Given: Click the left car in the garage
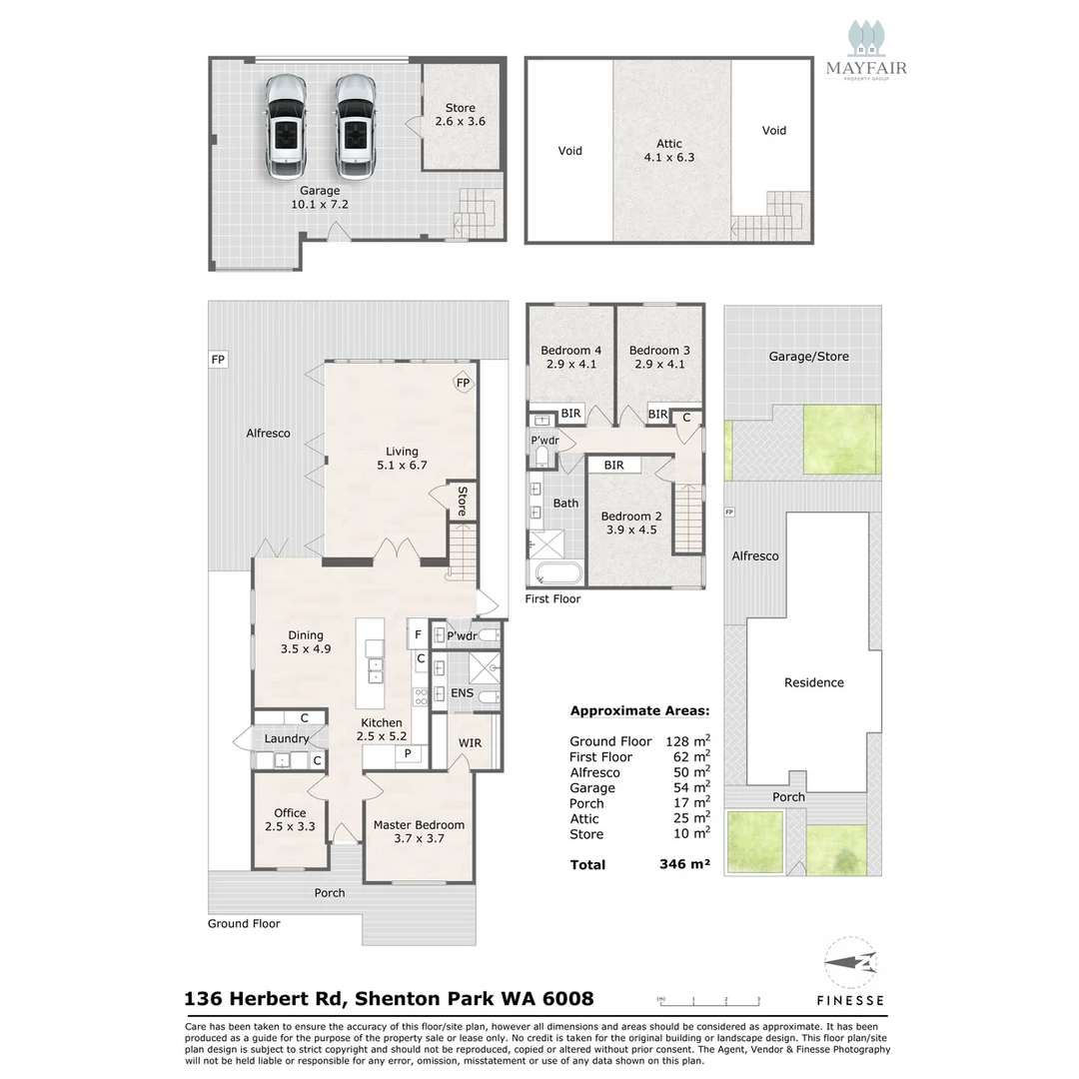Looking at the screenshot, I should [286, 125].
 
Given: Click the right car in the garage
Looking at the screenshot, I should [354, 125].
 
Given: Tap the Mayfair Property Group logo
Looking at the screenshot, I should [865, 50].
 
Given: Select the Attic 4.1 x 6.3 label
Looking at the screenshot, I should [669, 150].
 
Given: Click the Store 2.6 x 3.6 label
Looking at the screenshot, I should [460, 114].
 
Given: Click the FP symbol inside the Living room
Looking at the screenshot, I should [463, 383].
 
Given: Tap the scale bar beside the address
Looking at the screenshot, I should [709, 999].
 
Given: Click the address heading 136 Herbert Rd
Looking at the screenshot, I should [389, 998].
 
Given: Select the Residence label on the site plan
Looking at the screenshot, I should [813, 682].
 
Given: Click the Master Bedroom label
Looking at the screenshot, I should [419, 831].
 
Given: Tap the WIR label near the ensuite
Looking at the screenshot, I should [470, 743].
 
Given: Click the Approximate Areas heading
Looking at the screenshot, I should [639, 711].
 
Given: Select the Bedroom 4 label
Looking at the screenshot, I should [570, 357].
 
